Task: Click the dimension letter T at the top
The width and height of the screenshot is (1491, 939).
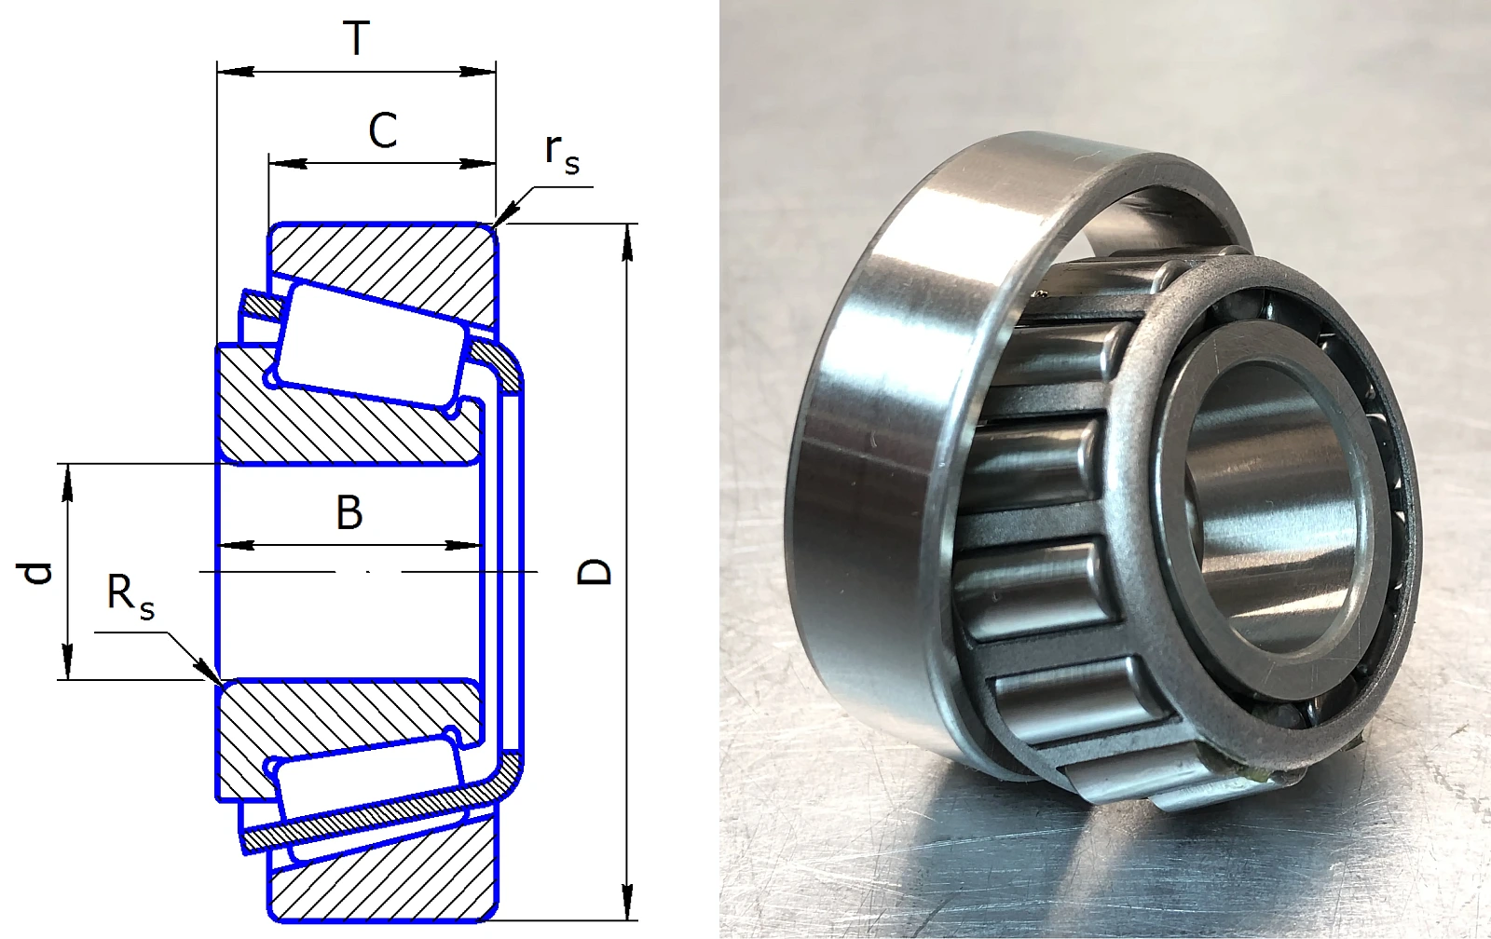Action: (x=357, y=38)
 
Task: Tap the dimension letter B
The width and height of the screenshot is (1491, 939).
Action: (x=349, y=512)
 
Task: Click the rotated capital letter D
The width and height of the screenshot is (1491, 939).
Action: (x=593, y=572)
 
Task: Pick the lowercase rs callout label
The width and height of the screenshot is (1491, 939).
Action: (x=561, y=155)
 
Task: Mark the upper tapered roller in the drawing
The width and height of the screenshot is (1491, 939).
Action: (x=370, y=346)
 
